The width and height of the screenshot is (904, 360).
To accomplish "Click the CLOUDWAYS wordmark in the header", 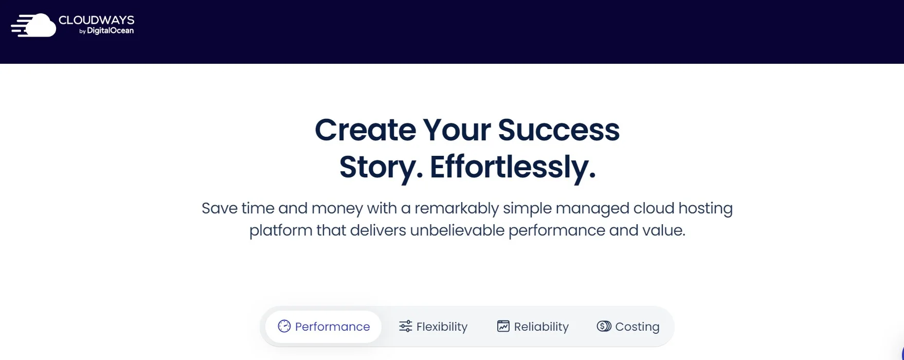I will tap(96, 20).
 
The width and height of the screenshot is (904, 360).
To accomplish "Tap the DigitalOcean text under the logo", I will tap(110, 31).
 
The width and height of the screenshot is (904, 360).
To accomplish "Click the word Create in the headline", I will tap(365, 130).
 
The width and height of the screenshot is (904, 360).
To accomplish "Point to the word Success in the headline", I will tap(558, 130).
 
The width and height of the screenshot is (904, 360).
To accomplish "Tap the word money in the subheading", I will tap(337, 208).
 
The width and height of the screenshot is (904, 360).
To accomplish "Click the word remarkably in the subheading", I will tap(457, 208).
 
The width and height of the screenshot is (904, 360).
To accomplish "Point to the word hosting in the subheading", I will tap(706, 208).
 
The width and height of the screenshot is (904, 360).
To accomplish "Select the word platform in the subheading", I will tap(281, 230).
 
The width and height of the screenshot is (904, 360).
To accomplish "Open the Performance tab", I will tap(324, 327).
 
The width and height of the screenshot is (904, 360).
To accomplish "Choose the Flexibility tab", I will tap(433, 327).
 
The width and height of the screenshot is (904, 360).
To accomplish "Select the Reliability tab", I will tap(533, 327).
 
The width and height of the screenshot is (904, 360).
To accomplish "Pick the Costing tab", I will tap(628, 327).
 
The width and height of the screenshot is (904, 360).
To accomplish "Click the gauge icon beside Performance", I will tap(284, 326).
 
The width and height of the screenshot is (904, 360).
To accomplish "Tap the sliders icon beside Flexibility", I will tap(406, 326).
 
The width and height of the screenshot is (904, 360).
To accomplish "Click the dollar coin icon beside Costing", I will tap(604, 326).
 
